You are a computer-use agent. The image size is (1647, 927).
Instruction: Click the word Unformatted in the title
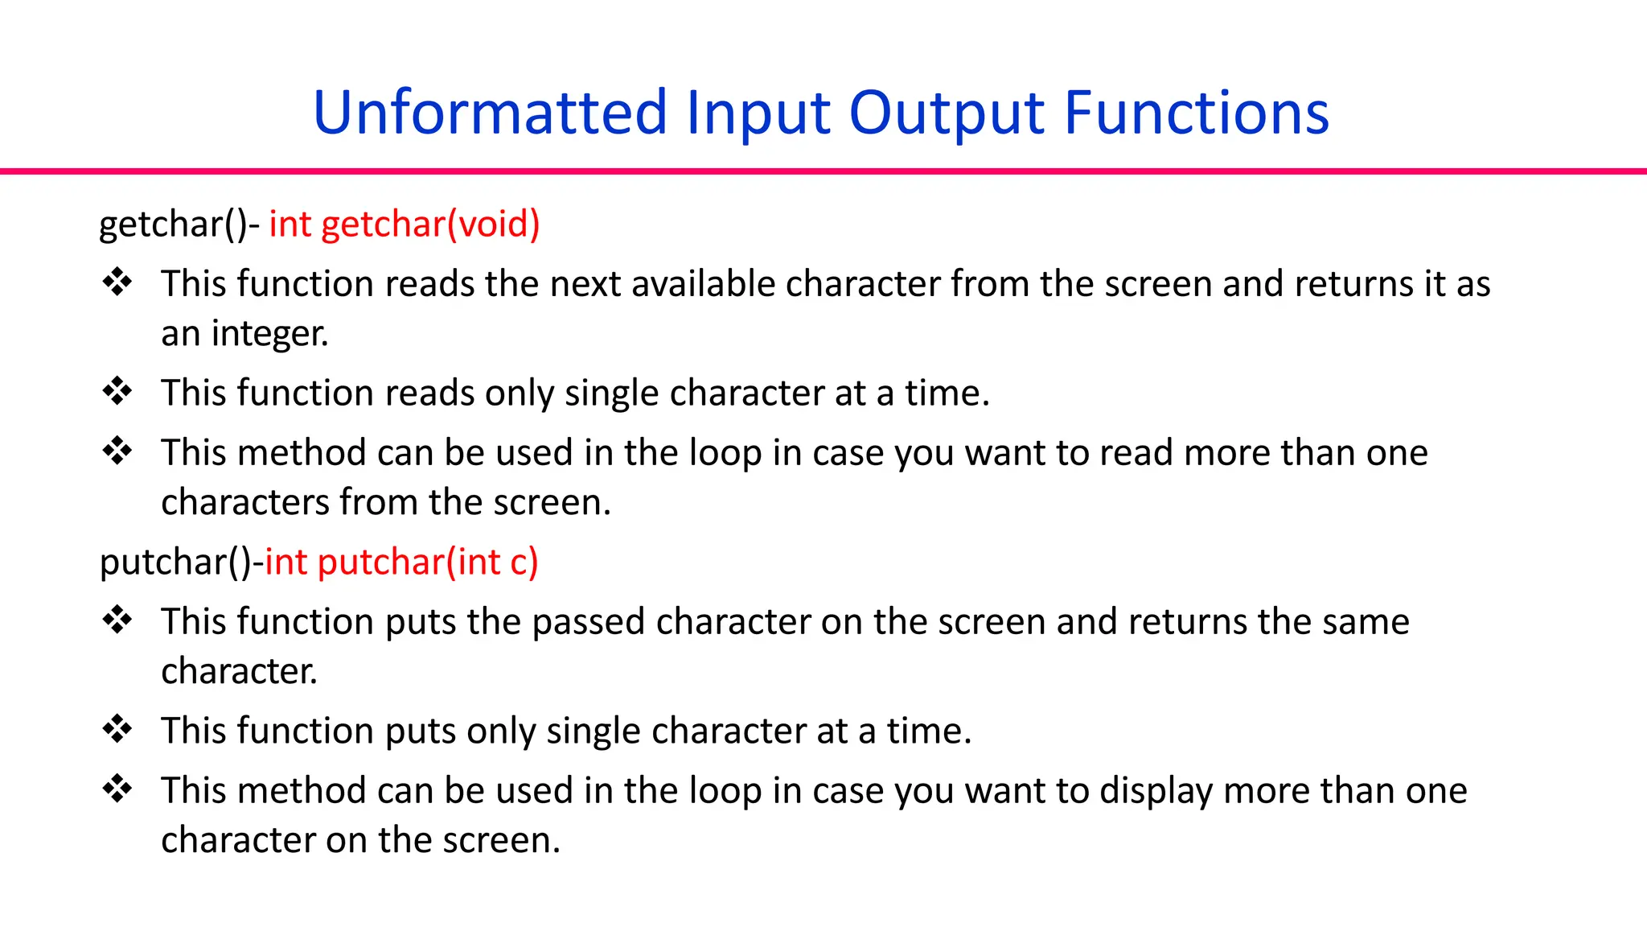point(490,113)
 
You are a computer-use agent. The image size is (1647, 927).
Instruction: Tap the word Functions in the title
point(1196,113)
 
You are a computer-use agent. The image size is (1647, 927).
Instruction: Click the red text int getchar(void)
point(404,224)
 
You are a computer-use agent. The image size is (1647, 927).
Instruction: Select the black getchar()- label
point(179,224)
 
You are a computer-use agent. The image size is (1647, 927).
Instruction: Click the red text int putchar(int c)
point(400,562)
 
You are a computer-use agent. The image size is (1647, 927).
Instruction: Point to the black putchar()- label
point(180,562)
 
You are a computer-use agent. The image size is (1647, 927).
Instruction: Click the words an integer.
point(244,333)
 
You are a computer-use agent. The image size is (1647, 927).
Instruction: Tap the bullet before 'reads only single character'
point(117,392)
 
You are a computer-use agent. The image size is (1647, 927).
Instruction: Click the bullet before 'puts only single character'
point(117,730)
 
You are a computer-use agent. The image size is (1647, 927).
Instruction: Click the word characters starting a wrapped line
point(244,502)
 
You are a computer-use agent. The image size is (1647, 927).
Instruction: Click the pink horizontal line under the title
point(823,171)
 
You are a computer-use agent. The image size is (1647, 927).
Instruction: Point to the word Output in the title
point(947,113)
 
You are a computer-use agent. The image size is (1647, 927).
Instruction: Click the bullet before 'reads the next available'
point(117,282)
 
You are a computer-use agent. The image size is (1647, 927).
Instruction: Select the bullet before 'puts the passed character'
point(117,620)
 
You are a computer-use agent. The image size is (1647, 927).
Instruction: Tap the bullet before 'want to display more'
point(117,789)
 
